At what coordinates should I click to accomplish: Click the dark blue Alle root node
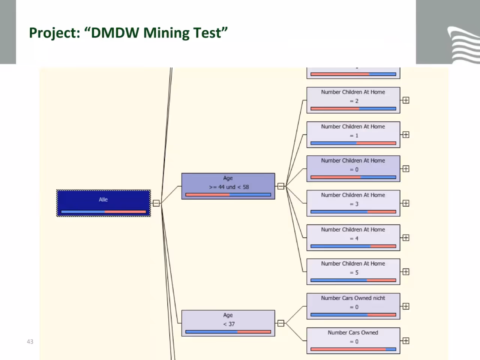point(103,203)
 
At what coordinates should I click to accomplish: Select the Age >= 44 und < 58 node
point(228,186)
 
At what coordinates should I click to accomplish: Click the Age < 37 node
point(228,323)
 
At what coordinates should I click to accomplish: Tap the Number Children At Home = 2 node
point(353,100)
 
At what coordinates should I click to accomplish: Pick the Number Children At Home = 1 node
point(353,135)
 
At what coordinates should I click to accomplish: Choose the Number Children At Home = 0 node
point(353,169)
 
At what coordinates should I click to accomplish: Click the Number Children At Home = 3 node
point(353,203)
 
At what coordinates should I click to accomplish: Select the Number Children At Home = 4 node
point(353,238)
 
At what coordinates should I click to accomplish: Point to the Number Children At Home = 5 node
point(353,272)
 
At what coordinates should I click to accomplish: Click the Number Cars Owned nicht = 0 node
point(353,306)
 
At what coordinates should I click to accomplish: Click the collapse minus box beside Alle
point(156,203)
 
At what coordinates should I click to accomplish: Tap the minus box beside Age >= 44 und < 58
point(281,186)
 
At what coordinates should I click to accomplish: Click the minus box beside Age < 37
point(281,323)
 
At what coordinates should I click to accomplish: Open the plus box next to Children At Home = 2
point(406,100)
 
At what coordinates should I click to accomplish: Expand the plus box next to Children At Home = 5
point(406,272)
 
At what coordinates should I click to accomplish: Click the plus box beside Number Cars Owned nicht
point(406,306)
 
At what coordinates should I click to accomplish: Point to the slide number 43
point(30,342)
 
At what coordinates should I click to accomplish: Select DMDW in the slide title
point(115,33)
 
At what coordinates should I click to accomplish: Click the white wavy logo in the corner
point(463,45)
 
